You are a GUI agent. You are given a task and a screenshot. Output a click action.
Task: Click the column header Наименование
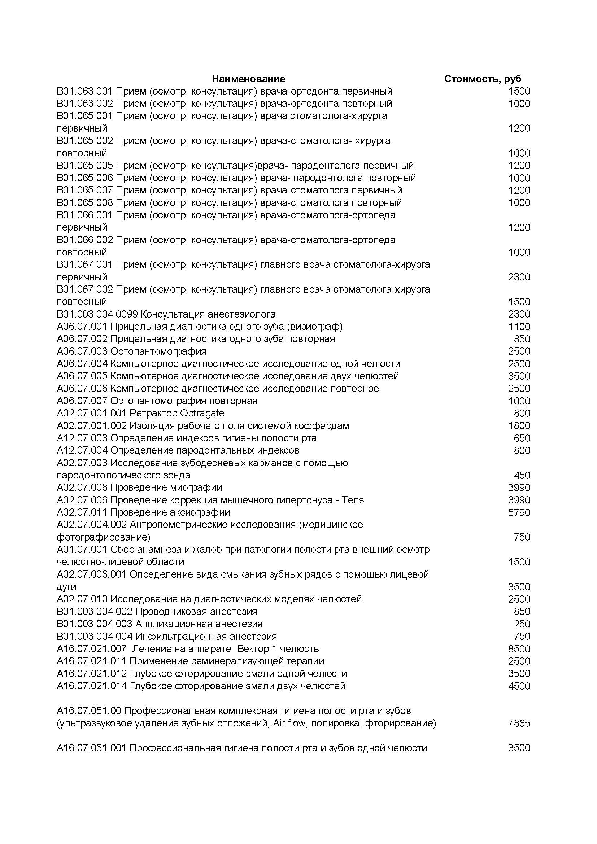248,79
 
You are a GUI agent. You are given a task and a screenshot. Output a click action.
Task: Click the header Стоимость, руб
482,79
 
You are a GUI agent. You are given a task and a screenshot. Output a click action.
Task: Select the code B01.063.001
85,91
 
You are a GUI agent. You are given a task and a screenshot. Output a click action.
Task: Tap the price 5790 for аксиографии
519,512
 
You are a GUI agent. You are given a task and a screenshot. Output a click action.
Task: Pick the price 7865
519,723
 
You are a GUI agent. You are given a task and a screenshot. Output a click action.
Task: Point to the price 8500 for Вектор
519,649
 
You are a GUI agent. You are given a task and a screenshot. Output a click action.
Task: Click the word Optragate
202,413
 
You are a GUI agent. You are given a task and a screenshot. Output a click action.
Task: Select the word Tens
353,500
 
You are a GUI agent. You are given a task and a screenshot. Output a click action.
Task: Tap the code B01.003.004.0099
97,314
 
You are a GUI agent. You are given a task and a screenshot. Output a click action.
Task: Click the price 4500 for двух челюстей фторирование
519,686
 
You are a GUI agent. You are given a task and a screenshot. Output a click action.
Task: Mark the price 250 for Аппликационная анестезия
522,624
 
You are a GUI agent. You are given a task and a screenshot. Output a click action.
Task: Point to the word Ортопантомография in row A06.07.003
158,351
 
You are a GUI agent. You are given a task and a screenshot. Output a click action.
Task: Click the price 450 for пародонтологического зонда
522,475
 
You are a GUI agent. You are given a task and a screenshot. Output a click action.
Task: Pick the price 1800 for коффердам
519,426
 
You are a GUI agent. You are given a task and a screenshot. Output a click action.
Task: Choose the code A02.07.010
82,599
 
